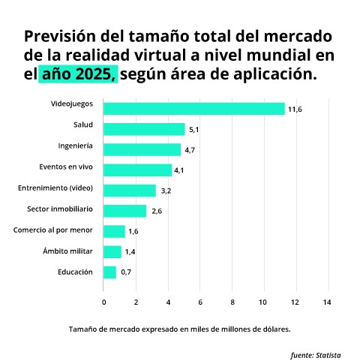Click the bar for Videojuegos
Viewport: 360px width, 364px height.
(x=193, y=109)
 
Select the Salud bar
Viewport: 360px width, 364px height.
(x=144, y=129)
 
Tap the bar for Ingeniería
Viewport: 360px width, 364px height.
(x=142, y=149)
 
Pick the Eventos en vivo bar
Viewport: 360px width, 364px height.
(x=137, y=170)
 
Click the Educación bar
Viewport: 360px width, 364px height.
(x=110, y=272)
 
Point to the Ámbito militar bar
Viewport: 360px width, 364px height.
(x=112, y=251)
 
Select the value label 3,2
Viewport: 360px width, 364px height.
(x=166, y=191)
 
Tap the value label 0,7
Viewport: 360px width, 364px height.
(x=126, y=272)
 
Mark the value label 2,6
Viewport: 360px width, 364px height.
(x=157, y=212)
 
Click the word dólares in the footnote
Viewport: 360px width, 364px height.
(x=274, y=329)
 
